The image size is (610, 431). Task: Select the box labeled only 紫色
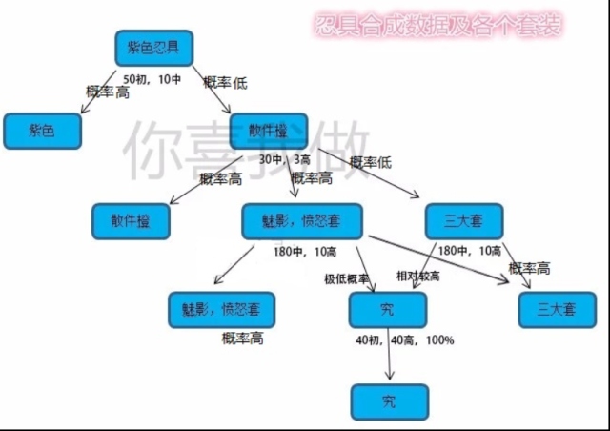pyautogui.click(x=41, y=131)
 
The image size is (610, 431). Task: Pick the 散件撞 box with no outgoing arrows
pyautogui.click(x=131, y=221)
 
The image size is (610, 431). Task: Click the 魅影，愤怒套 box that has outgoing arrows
pyautogui.click(x=302, y=221)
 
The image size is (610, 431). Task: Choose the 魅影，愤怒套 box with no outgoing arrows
pyautogui.click(x=221, y=309)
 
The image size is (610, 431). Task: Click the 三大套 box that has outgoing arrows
pyautogui.click(x=463, y=221)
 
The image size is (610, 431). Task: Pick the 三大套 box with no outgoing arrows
pyautogui.click(x=558, y=309)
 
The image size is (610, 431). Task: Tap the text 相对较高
pyautogui.click(x=417, y=277)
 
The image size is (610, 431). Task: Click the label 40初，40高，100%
pyautogui.click(x=404, y=340)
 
